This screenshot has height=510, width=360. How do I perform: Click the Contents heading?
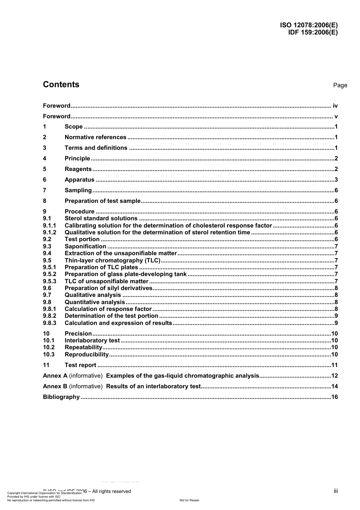[x=61, y=85]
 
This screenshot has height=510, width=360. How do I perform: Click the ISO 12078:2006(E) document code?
[x=308, y=25]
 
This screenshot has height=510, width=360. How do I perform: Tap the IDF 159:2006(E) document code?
[x=313, y=32]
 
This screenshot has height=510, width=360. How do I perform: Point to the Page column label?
[x=340, y=85]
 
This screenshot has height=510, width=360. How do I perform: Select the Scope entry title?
[x=74, y=127]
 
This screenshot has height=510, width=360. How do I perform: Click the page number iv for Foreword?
[x=335, y=106]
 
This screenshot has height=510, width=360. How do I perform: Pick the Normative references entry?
[x=95, y=137]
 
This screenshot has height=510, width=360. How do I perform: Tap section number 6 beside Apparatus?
[x=45, y=180]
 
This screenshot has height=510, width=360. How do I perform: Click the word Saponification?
[x=85, y=246]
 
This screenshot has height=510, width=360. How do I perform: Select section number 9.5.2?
[x=49, y=274]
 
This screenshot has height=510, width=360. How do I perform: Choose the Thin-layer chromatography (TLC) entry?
[x=113, y=260]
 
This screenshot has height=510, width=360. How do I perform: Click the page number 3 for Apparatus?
[x=336, y=180]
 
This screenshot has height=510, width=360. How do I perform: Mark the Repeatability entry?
[x=83, y=347]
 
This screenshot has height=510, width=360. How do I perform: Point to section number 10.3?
[x=49, y=355]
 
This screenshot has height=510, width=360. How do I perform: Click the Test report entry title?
[x=80, y=365]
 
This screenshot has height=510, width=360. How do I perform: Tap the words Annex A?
[x=55, y=376]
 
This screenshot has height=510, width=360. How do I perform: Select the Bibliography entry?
[x=61, y=397]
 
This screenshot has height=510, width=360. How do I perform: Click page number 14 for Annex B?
[x=334, y=386]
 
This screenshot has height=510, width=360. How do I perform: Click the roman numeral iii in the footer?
[x=336, y=491]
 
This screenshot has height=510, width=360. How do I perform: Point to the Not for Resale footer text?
[x=189, y=500]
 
